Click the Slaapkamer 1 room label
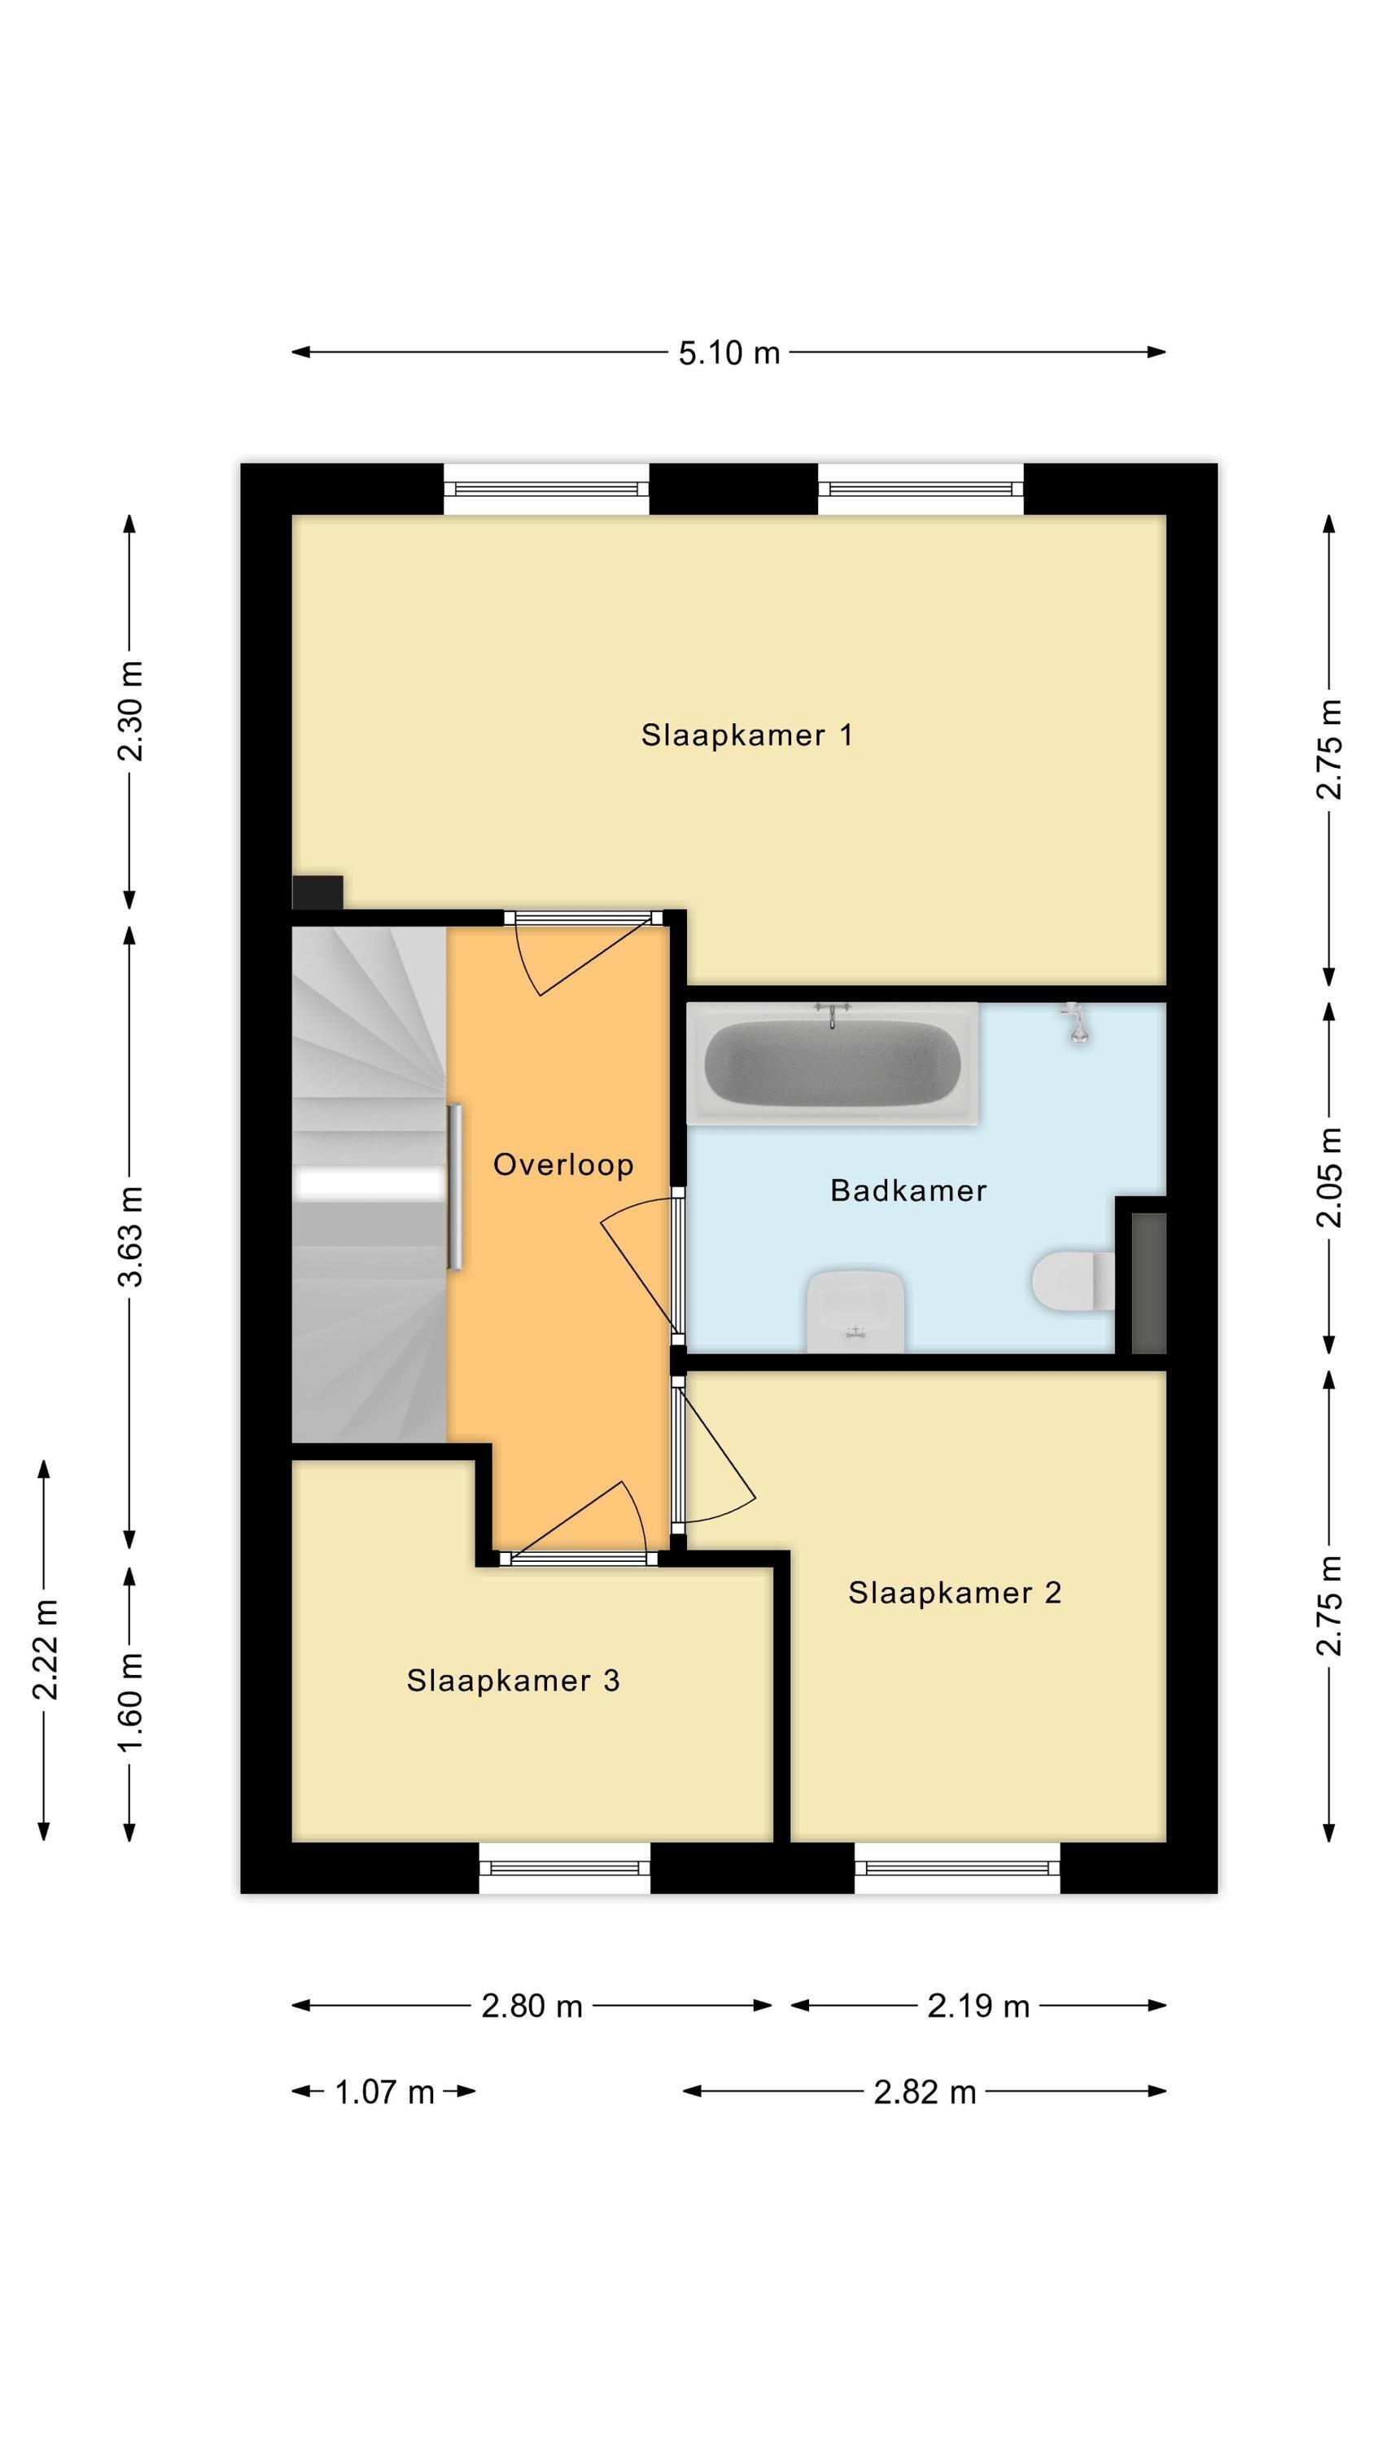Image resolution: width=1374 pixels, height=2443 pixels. [x=746, y=735]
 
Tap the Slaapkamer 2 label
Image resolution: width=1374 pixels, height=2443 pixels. [x=954, y=1592]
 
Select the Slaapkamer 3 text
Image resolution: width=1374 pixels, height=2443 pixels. [x=513, y=1681]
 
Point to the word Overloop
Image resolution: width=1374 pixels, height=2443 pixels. [x=563, y=1164]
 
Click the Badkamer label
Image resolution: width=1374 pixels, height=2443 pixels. [x=908, y=1191]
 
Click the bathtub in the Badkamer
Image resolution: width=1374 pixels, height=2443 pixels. [x=833, y=1064]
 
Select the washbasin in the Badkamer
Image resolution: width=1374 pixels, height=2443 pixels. [x=855, y=1310]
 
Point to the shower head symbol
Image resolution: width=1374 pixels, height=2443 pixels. [x=1076, y=1022]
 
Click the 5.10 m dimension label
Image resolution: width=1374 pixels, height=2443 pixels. [x=729, y=353]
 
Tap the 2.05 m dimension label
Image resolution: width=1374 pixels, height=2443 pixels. [x=1329, y=1177]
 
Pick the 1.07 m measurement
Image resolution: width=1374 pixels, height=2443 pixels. [x=384, y=2091]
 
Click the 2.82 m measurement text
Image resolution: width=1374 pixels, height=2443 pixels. [x=925, y=2091]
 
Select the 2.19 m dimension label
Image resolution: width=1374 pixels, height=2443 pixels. [x=978, y=2006]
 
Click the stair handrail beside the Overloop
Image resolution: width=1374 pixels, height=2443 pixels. [x=455, y=1186]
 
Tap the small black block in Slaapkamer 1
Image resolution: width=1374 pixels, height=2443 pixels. [x=317, y=893]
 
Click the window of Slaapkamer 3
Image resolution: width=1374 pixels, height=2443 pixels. [x=565, y=1868]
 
